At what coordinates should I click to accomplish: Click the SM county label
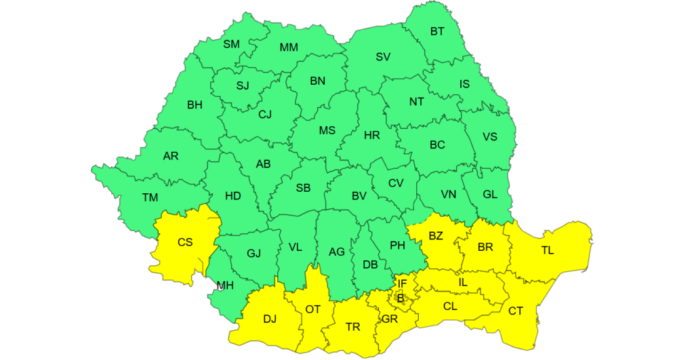tap(232, 45)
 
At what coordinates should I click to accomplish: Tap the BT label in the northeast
tap(438, 31)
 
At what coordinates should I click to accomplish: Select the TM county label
tap(150, 198)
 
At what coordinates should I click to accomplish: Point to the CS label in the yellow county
tap(185, 242)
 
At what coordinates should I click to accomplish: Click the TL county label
tap(548, 251)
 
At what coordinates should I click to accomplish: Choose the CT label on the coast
tap(516, 311)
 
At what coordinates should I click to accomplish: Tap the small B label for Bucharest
tap(401, 298)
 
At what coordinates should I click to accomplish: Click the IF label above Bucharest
tap(402, 283)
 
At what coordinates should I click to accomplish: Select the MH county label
tap(225, 285)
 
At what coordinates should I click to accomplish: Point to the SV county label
tap(383, 58)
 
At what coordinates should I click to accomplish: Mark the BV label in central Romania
tap(359, 196)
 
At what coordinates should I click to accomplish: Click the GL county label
tap(490, 194)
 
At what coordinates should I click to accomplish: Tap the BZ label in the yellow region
tap(436, 237)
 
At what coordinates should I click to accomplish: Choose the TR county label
tap(352, 327)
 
